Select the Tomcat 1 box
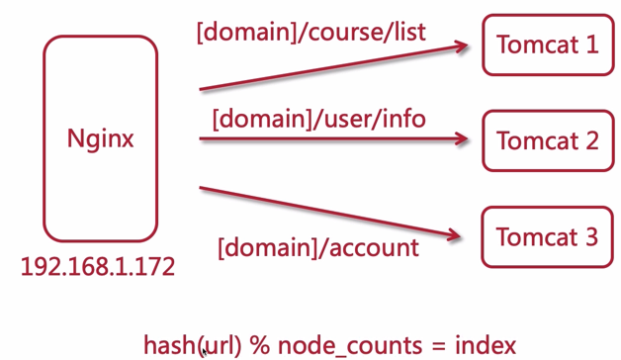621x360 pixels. pos(547,45)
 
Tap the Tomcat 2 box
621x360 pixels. pos(547,140)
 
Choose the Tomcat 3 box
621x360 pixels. pos(547,237)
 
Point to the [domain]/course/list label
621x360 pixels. pos(311,32)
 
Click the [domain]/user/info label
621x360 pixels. pos(318,120)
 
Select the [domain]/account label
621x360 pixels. pos(318,246)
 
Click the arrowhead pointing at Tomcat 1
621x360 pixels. pos(460,45)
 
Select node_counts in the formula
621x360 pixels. pos(336,345)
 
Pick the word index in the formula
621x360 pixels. pos(485,345)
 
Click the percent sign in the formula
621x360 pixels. pos(258,345)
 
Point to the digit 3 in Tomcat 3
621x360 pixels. pos(590,237)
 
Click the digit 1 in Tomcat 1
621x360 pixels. pos(590,45)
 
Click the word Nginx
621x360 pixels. pos(100,138)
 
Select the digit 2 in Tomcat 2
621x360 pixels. pos(590,140)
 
